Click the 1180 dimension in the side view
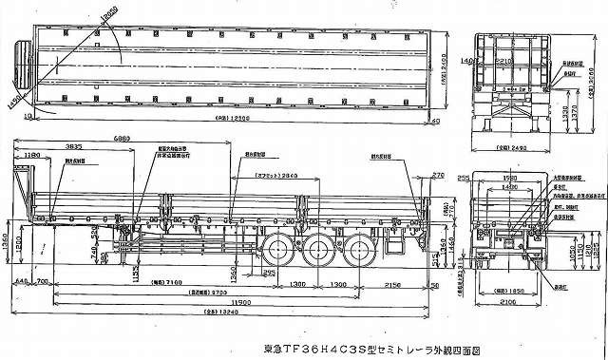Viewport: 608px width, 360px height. click(34, 155)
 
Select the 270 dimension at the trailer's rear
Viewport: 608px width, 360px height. click(438, 176)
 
